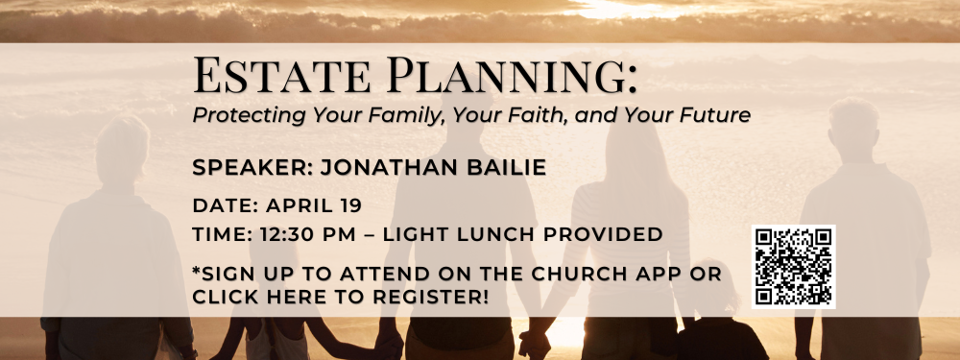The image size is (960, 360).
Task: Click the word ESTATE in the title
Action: pos(281,75)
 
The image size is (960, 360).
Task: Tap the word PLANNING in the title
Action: pos(512,75)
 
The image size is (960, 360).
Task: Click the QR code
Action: pos(793,266)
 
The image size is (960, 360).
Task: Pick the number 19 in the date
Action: pos(349,205)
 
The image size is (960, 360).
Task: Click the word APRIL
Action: pos(298,205)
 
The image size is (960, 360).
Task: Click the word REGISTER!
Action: pos(431,297)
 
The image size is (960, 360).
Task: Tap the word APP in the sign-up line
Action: pos(659,274)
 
